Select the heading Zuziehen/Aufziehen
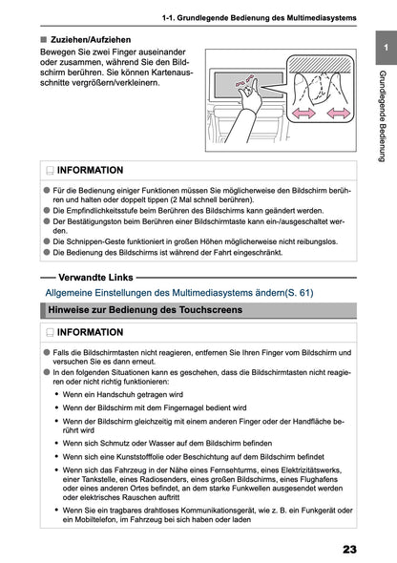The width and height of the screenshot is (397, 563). point(91,40)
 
